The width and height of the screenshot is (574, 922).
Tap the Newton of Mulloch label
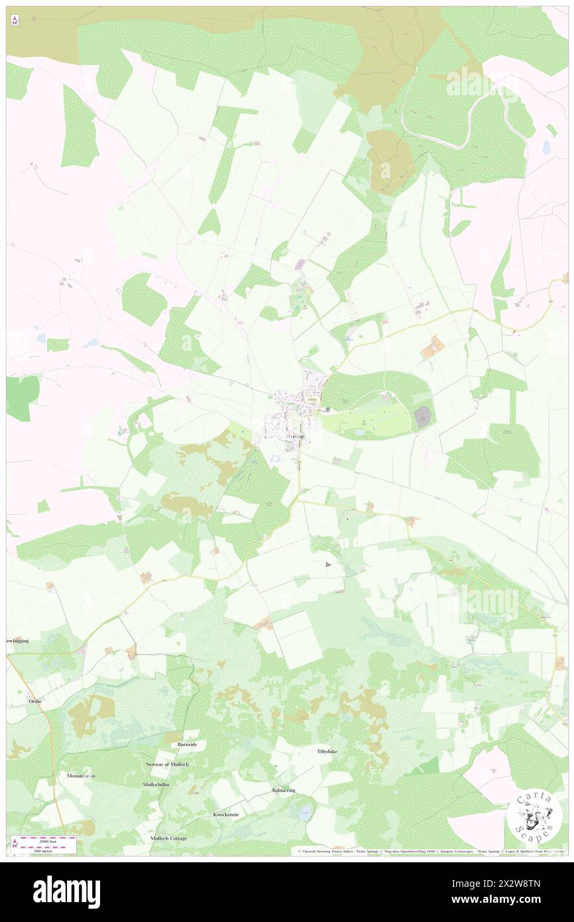click(x=169, y=764)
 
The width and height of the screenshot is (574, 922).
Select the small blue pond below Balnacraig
click(x=305, y=811)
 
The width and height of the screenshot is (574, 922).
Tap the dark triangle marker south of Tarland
click(x=329, y=564)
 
